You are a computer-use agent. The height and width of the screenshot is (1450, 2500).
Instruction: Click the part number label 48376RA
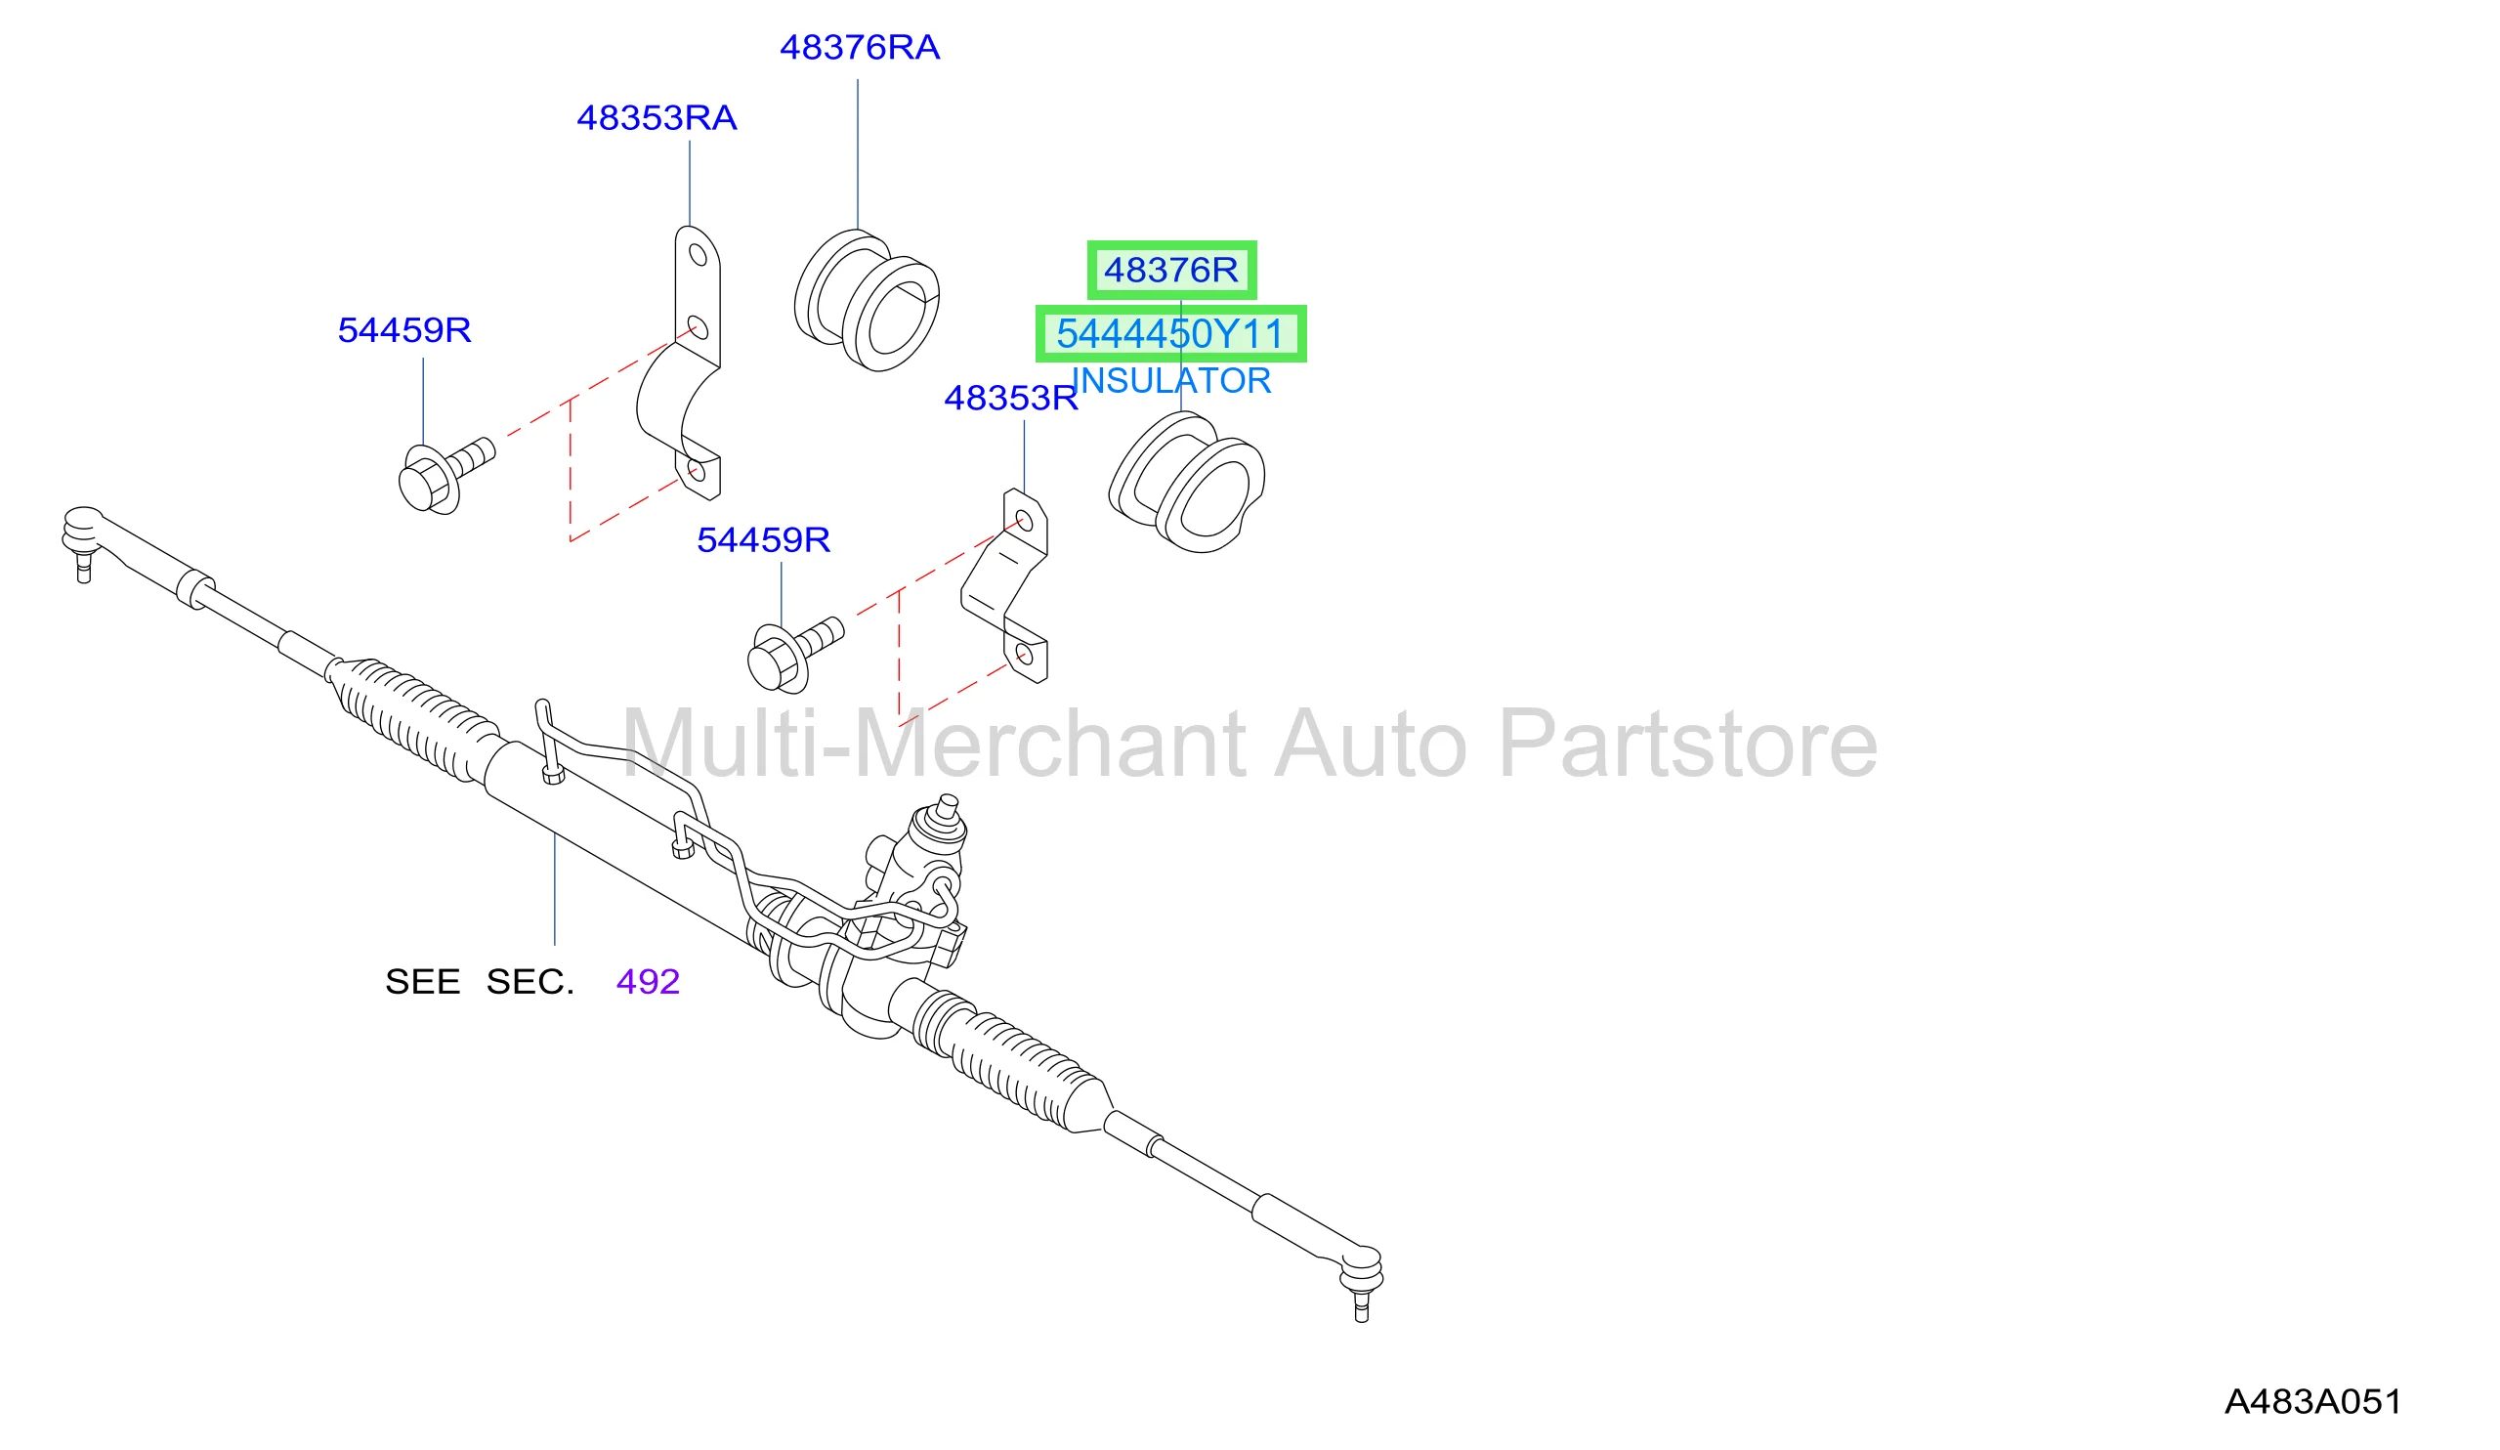click(859, 48)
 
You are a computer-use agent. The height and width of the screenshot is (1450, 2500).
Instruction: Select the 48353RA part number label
click(657, 118)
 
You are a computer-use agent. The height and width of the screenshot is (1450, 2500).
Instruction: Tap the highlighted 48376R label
click(1170, 270)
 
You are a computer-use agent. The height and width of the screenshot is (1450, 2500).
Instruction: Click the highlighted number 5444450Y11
click(1170, 333)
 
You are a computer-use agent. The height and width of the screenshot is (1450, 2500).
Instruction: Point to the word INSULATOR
click(1170, 381)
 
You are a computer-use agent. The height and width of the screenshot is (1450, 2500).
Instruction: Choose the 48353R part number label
click(1010, 398)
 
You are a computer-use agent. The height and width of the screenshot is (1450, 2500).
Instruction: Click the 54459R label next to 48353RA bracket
click(404, 330)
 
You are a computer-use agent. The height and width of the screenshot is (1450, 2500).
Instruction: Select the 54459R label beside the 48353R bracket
click(763, 540)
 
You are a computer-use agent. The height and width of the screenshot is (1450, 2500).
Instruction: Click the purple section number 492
click(648, 982)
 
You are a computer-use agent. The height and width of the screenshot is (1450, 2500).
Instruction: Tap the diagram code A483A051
click(2313, 1401)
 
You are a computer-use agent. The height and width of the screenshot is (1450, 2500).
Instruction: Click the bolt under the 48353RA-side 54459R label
click(445, 476)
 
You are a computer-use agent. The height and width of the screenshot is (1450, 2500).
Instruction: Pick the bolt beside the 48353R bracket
click(794, 655)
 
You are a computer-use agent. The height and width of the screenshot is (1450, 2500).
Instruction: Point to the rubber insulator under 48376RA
click(867, 300)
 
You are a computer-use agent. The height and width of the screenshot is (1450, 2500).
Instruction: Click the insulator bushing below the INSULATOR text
click(1185, 483)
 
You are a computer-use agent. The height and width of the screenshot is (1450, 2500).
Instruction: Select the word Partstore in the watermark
click(1687, 744)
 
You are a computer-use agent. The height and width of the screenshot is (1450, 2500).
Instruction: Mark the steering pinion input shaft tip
click(949, 801)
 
